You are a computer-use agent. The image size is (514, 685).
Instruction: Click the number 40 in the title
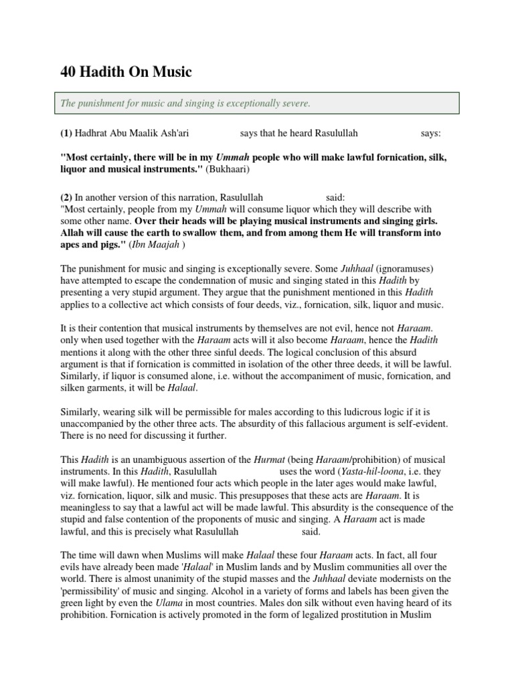point(70,72)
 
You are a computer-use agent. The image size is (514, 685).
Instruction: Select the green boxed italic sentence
point(185,104)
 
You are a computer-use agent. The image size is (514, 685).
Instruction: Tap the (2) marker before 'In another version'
point(66,197)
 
